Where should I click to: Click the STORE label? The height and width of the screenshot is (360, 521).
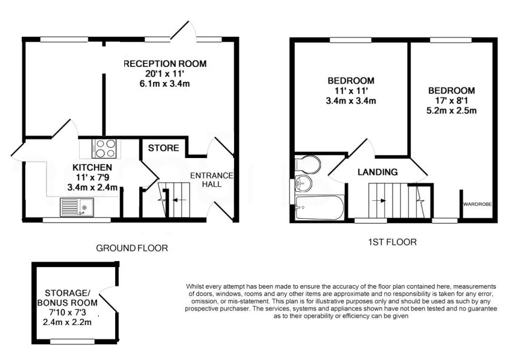click(x=163, y=148)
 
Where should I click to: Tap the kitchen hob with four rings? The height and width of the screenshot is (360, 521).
click(x=106, y=148)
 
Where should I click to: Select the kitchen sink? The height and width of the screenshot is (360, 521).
click(x=77, y=207)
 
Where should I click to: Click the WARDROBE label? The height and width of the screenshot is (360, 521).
click(x=478, y=204)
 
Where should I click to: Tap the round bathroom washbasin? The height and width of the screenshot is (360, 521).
click(x=303, y=184)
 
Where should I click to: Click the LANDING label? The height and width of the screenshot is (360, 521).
click(x=378, y=172)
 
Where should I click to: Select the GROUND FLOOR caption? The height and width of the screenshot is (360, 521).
click(x=132, y=248)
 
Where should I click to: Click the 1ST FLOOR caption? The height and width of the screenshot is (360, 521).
click(x=393, y=242)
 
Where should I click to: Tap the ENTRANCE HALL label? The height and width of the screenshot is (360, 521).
click(x=212, y=180)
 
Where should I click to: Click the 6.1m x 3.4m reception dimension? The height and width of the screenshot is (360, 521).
click(x=165, y=84)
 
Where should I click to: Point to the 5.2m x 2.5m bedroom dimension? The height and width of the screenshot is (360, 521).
click(x=452, y=111)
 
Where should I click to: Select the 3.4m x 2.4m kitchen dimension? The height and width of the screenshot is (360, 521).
click(x=92, y=188)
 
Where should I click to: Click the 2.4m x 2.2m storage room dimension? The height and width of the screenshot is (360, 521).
click(x=68, y=322)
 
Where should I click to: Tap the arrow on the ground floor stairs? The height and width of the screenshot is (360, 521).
click(x=178, y=200)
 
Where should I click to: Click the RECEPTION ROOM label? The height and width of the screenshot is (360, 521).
click(x=165, y=63)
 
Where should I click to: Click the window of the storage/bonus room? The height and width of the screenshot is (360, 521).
click(x=73, y=341)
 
